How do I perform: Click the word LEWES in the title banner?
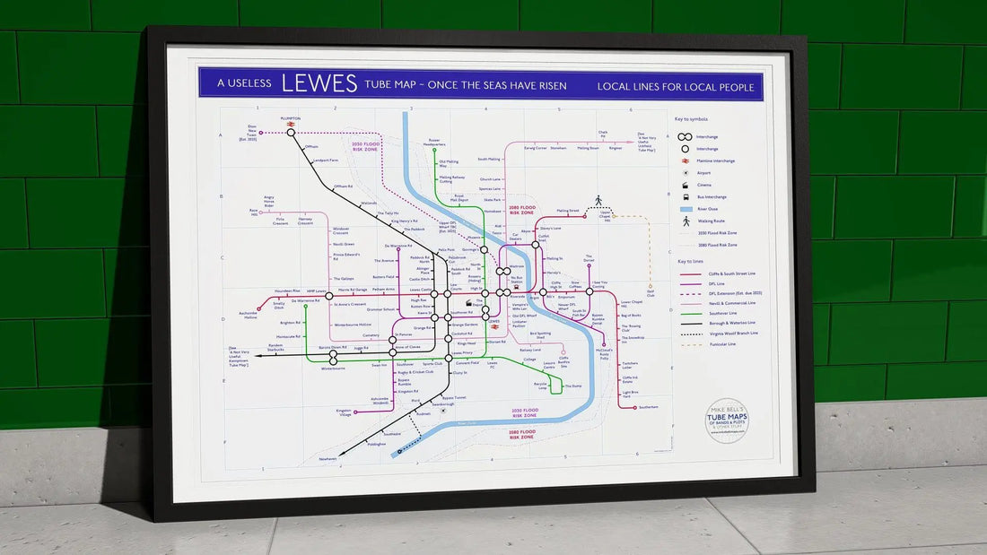point(319,83)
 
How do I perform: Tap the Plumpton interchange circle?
point(291,133)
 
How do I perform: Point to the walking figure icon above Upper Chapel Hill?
point(598,201)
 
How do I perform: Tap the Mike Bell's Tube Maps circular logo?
point(728,420)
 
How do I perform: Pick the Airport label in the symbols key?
point(703,172)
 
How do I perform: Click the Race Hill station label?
point(253,212)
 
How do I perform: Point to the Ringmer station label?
point(616,148)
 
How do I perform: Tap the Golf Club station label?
point(651,293)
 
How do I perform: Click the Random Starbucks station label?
point(270,347)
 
